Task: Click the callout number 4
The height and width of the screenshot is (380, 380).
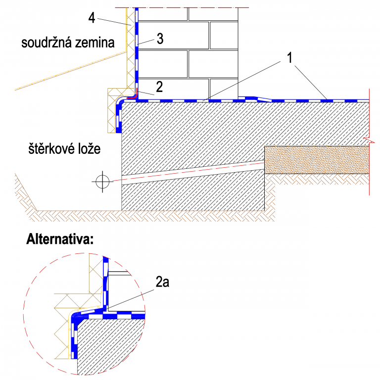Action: click(x=92, y=18)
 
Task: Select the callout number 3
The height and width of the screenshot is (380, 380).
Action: click(x=160, y=40)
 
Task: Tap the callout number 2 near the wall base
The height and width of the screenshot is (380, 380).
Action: click(x=159, y=87)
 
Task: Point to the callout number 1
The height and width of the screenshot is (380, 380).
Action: click(x=291, y=58)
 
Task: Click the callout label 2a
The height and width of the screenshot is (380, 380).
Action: click(x=163, y=283)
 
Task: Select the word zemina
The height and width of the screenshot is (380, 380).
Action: click(x=96, y=43)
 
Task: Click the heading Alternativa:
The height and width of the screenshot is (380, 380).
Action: click(x=59, y=240)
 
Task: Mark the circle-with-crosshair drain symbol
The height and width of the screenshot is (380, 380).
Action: click(x=102, y=181)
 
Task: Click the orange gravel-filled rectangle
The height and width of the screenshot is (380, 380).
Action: click(x=317, y=159)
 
